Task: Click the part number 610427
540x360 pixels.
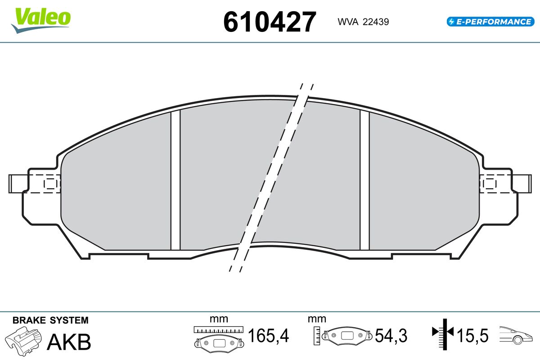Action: click(270, 22)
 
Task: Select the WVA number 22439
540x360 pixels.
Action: click(376, 22)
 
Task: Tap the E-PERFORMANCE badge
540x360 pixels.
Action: click(490, 22)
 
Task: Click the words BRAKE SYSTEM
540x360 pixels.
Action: click(50, 320)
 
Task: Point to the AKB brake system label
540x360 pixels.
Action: click(69, 342)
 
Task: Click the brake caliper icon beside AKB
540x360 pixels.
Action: click(23, 341)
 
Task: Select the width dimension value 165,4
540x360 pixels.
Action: click(268, 335)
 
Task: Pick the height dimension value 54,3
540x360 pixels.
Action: click(391, 335)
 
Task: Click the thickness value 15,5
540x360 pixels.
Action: click(472, 335)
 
